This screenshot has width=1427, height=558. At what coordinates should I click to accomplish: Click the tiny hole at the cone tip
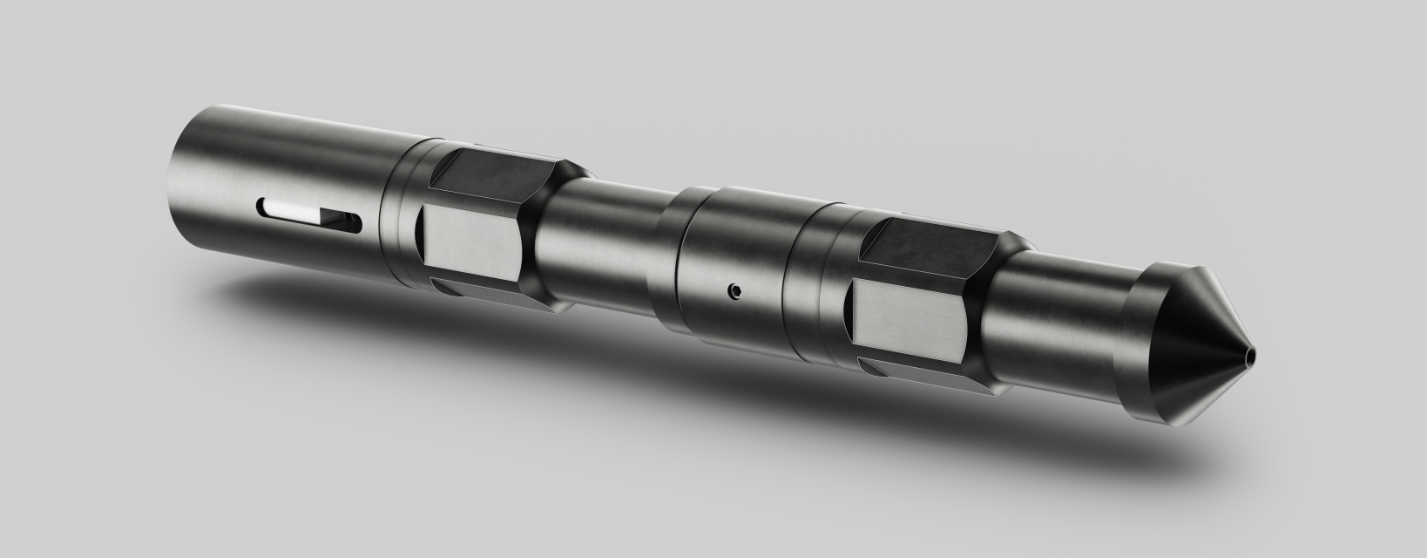pyautogui.click(x=1251, y=357)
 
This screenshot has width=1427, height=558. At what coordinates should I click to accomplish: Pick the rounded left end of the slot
pyautogui.click(x=262, y=207)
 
